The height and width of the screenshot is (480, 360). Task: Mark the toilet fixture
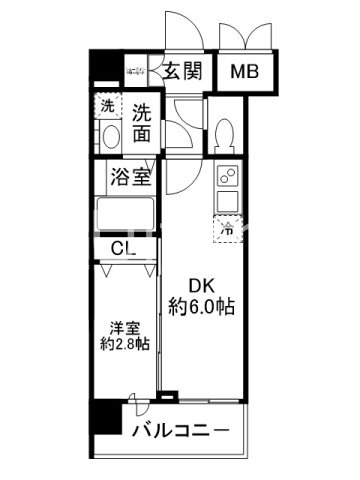226,132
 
